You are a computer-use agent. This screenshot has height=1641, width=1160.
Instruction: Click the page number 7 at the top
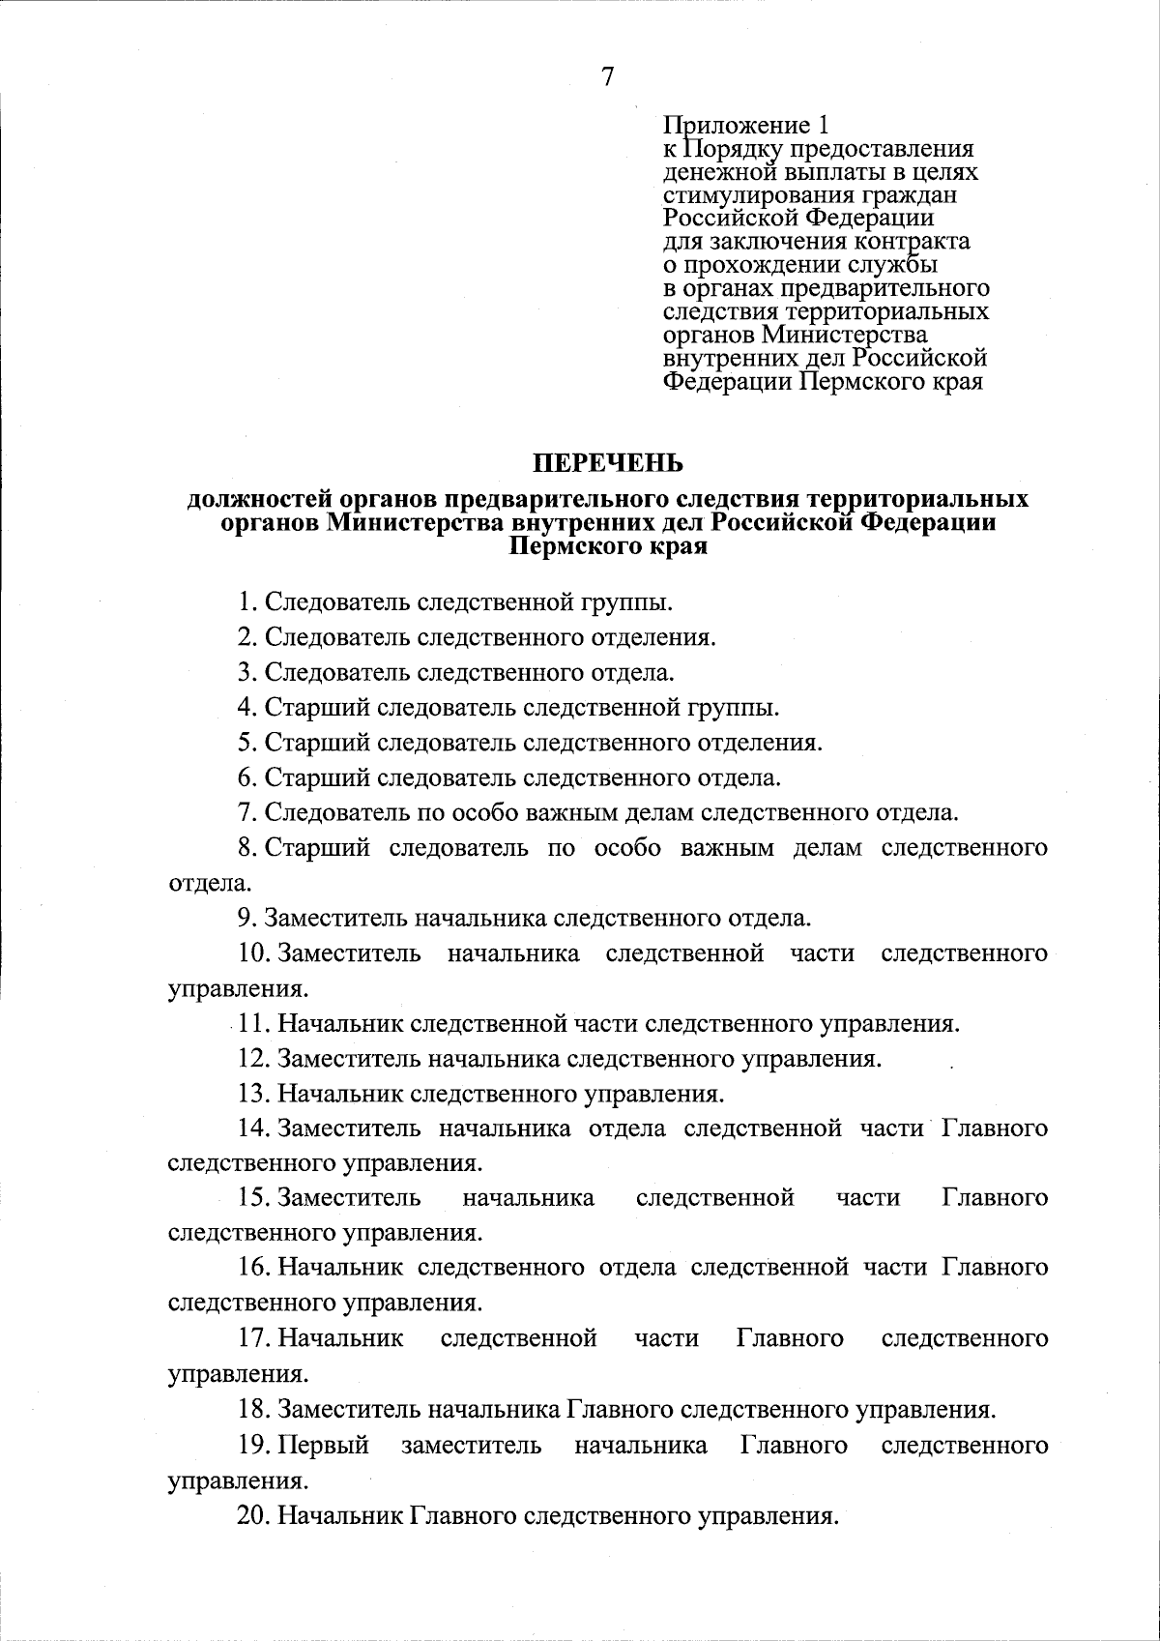tap(607, 77)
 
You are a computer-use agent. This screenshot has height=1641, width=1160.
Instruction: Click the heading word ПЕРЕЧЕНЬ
tap(609, 462)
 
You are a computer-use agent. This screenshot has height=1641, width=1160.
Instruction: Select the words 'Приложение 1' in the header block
tap(745, 126)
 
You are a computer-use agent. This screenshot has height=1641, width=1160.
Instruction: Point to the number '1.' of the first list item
tap(247, 602)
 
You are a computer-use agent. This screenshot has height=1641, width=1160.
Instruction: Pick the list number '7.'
tap(247, 812)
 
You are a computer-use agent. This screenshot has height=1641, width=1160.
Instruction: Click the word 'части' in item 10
tap(822, 953)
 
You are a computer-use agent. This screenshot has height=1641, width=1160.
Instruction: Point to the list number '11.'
tap(253, 1023)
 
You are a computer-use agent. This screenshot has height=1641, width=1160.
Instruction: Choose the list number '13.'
tap(253, 1094)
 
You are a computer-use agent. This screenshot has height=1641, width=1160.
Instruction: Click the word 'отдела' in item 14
tap(626, 1128)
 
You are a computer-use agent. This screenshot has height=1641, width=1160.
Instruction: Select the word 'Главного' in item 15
tap(995, 1198)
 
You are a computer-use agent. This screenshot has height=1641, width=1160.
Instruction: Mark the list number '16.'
tap(253, 1268)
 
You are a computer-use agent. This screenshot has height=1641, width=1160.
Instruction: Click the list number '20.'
tap(253, 1514)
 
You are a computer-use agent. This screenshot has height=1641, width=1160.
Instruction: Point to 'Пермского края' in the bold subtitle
tap(608, 547)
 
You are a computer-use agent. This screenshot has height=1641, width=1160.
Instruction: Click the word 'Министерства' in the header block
tap(845, 335)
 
